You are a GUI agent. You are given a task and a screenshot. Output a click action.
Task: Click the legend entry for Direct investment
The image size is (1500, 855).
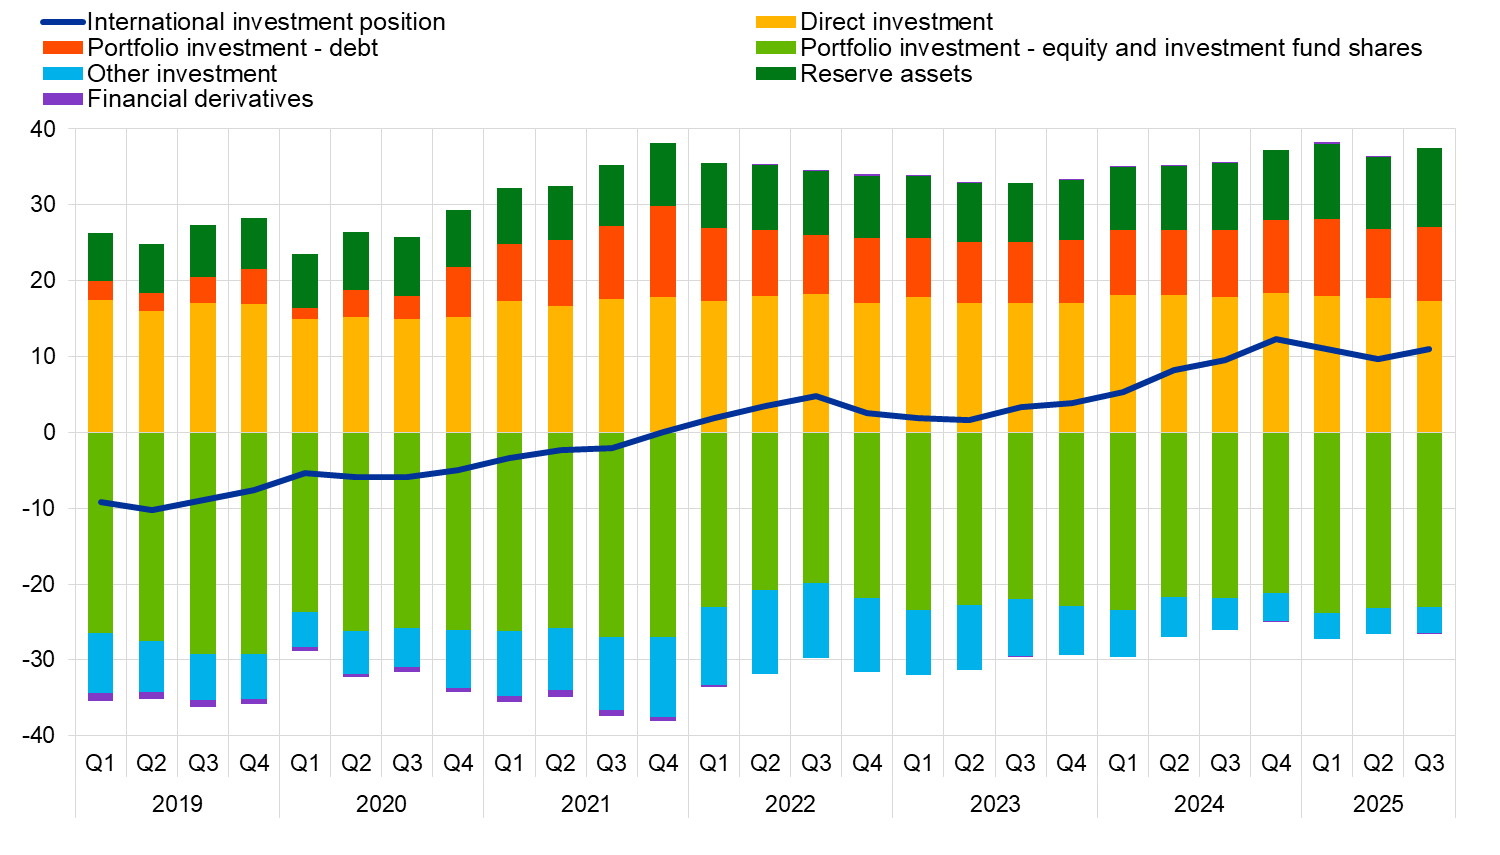click(x=896, y=22)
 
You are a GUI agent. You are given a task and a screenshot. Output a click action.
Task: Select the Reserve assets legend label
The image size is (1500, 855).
click(x=886, y=74)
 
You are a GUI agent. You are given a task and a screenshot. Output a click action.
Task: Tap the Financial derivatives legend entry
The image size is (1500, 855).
click(x=200, y=99)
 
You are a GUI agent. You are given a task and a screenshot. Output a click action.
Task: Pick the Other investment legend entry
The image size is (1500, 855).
click(x=182, y=74)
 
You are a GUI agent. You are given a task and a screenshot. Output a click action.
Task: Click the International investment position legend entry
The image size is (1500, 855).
click(x=266, y=22)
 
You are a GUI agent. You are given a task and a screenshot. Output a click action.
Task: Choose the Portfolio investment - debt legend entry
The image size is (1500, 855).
click(x=233, y=48)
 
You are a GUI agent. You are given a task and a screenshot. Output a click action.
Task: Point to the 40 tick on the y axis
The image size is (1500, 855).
click(x=43, y=129)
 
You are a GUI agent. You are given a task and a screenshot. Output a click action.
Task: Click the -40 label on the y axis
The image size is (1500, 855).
click(x=39, y=735)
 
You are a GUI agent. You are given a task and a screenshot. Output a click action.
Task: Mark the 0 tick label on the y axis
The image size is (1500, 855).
click(x=49, y=432)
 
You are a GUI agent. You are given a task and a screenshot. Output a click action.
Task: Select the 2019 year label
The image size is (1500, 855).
click(x=177, y=804)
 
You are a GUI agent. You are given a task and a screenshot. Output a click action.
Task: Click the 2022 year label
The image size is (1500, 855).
click(x=790, y=804)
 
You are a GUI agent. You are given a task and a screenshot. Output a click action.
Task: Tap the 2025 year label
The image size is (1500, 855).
click(x=1378, y=804)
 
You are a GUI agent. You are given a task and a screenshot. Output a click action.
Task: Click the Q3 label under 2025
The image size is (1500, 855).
click(x=1429, y=763)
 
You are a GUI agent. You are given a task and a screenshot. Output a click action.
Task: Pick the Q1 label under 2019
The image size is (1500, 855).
click(x=100, y=763)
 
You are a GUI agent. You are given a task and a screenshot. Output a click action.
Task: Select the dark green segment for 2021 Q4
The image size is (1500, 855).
click(x=663, y=175)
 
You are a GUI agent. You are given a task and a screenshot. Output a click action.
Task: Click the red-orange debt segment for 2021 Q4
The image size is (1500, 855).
click(x=663, y=252)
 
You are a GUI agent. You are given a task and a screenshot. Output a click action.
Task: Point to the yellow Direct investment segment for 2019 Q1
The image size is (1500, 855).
click(x=100, y=366)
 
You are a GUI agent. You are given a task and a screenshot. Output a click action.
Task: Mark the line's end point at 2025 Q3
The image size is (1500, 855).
click(x=1429, y=349)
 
